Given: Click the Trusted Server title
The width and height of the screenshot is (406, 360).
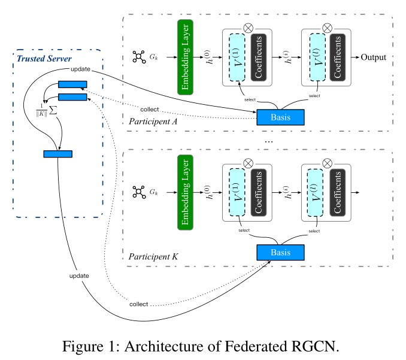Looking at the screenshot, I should tap(44, 58).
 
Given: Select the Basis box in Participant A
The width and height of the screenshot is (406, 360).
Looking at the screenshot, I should tap(280, 117).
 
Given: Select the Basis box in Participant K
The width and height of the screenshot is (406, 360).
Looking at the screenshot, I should tap(280, 252).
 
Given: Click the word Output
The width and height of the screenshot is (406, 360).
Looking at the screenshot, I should tap(373, 58).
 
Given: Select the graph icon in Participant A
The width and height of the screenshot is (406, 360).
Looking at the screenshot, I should tap(139, 58).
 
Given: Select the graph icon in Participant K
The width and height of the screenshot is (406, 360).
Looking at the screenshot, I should tap(139, 192).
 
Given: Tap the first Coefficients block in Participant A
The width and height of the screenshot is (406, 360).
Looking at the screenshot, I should tap(259, 57).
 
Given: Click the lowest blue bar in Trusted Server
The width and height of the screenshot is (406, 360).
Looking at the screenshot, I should tap(57, 154).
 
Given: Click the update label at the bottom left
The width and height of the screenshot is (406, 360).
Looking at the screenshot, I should tap(79, 276).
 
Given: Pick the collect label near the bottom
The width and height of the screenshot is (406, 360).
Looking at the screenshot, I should tap(138, 304).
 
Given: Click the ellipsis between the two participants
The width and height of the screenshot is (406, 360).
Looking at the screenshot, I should tap(268, 141).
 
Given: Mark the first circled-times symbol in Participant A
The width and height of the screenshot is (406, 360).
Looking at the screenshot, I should tap(248, 27).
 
